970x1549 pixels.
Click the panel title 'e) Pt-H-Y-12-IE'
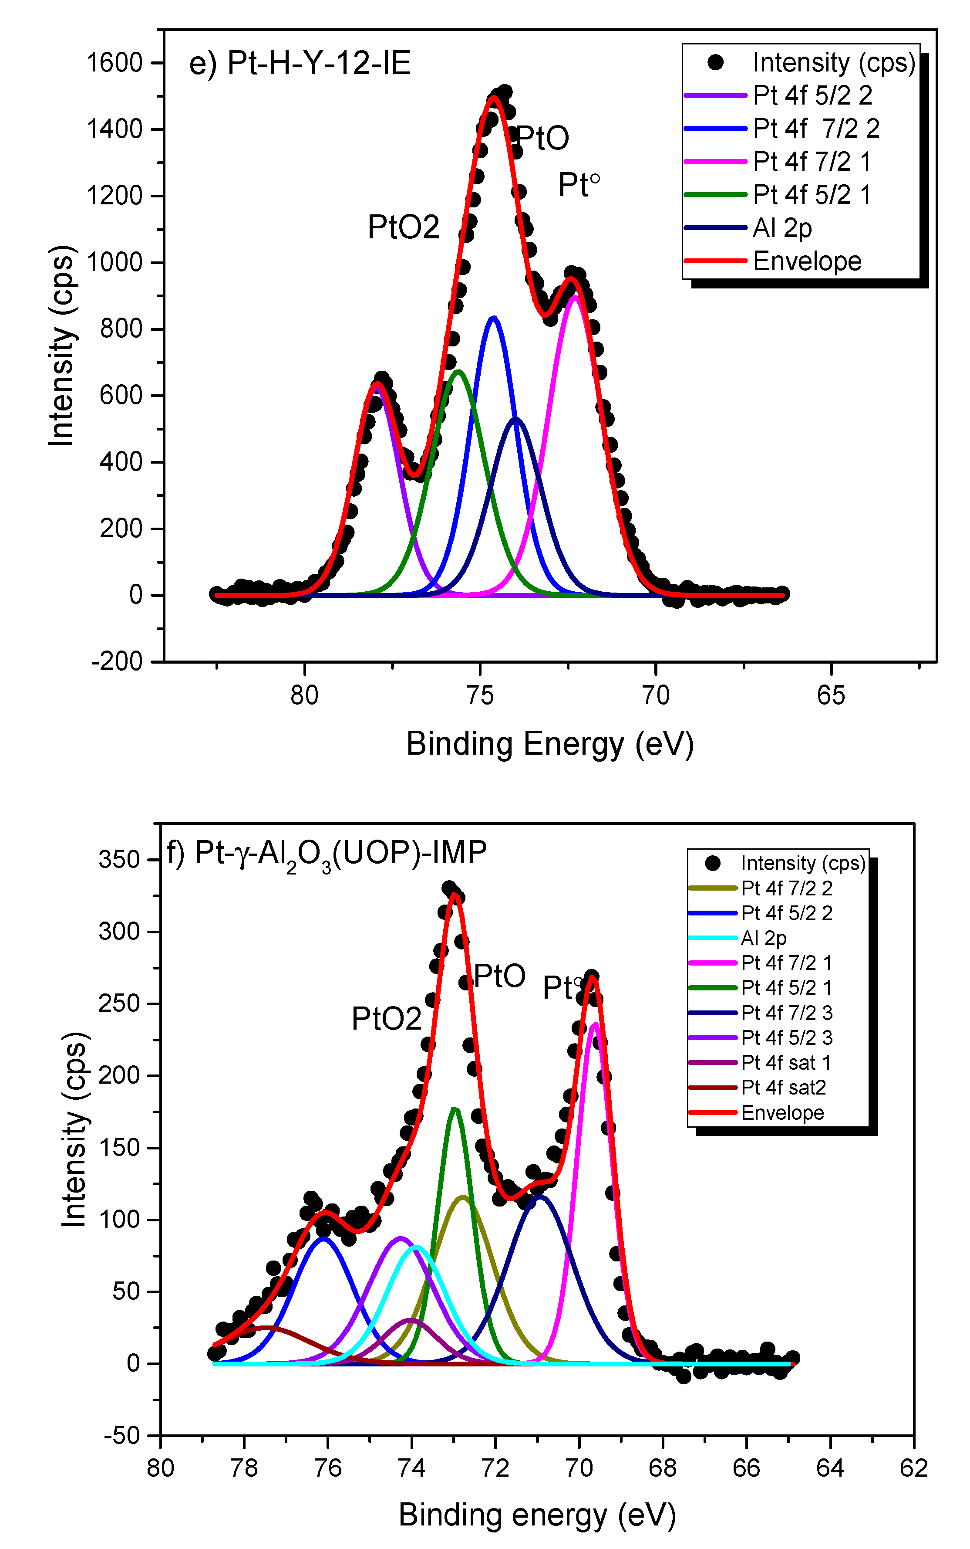[x=300, y=64]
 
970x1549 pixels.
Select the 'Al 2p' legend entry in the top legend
[x=782, y=228]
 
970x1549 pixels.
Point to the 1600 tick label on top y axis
[x=114, y=63]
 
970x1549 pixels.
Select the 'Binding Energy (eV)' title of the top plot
[x=550, y=745]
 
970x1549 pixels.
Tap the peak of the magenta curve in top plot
[x=575, y=297]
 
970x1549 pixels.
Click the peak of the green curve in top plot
[x=458, y=372]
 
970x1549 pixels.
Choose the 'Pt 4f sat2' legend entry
[x=783, y=1088]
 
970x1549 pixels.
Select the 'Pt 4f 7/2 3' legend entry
[x=787, y=1013]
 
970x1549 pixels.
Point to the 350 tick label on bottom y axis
[x=119, y=860]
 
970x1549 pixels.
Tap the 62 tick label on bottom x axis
[x=913, y=1468]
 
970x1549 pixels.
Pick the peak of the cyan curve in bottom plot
[x=418, y=1246]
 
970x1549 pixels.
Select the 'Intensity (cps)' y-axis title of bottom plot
[x=74, y=1130]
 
